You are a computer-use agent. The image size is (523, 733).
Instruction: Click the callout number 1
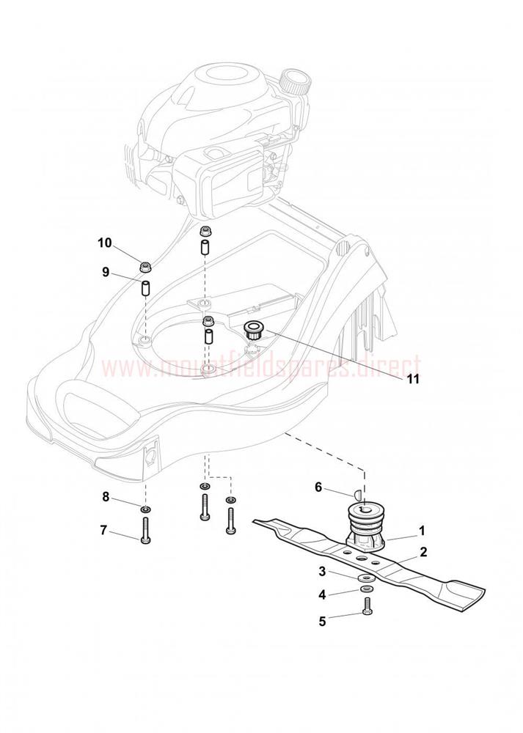[x=421, y=531]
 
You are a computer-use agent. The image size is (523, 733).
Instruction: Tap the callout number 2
[x=423, y=552]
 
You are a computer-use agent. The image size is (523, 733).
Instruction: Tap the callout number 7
[x=103, y=530]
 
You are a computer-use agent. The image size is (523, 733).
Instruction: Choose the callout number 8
[x=106, y=496]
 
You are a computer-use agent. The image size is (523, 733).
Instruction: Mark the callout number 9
[x=106, y=272]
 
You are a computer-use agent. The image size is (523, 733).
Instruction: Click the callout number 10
[x=105, y=243]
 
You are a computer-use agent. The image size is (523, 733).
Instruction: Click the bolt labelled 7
[x=145, y=531]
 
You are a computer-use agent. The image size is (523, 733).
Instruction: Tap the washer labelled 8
[x=145, y=508]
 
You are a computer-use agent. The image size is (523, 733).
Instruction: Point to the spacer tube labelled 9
[x=145, y=287]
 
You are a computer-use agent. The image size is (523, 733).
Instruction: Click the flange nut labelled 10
[x=145, y=268]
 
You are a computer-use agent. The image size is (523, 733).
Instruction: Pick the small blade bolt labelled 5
[x=366, y=605]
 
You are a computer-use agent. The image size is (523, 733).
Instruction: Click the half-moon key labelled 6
[x=356, y=493]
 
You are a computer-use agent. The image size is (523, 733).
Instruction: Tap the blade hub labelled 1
[x=366, y=525]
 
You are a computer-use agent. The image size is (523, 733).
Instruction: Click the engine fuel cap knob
[x=295, y=81]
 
